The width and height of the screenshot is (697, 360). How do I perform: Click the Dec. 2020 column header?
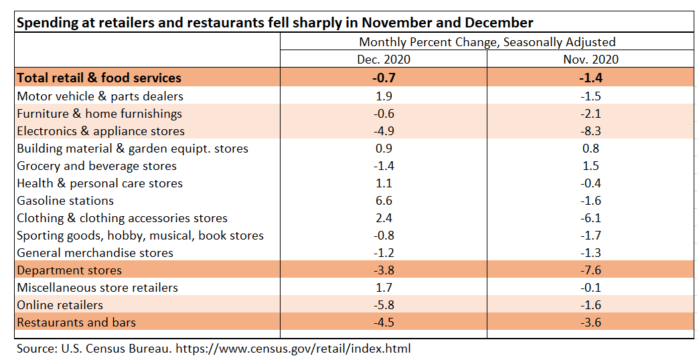click(x=383, y=59)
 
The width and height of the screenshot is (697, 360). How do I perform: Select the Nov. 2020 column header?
click(x=591, y=59)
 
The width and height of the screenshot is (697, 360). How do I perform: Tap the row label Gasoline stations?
click(x=65, y=201)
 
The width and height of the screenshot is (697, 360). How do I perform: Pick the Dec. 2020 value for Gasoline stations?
click(x=383, y=201)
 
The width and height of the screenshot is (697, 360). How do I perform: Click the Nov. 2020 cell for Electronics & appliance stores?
click(x=591, y=131)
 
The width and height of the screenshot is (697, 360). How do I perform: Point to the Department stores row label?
click(x=69, y=270)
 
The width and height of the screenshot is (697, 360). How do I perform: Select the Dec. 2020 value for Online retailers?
click(x=383, y=305)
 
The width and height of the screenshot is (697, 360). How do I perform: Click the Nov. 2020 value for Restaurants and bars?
click(x=591, y=323)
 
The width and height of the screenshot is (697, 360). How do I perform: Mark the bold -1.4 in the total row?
click(x=591, y=78)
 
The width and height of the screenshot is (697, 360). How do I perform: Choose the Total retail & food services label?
click(x=98, y=78)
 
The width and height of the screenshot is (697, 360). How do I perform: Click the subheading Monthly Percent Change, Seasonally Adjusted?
click(x=487, y=41)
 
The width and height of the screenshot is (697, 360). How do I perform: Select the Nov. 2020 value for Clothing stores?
click(x=591, y=218)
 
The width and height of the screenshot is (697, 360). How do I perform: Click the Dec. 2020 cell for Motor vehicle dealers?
click(x=383, y=96)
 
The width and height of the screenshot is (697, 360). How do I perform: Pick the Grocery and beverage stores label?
click(x=96, y=166)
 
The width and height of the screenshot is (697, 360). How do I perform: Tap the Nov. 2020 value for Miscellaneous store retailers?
click(x=591, y=288)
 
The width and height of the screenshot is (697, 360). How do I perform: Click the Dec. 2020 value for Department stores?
click(x=383, y=270)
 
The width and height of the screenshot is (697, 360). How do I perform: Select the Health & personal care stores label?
click(x=99, y=183)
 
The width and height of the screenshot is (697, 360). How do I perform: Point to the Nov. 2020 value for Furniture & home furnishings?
click(x=591, y=114)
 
